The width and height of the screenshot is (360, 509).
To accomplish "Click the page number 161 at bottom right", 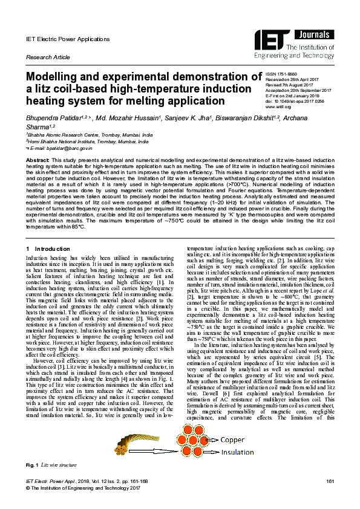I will [x=330, y=480].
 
